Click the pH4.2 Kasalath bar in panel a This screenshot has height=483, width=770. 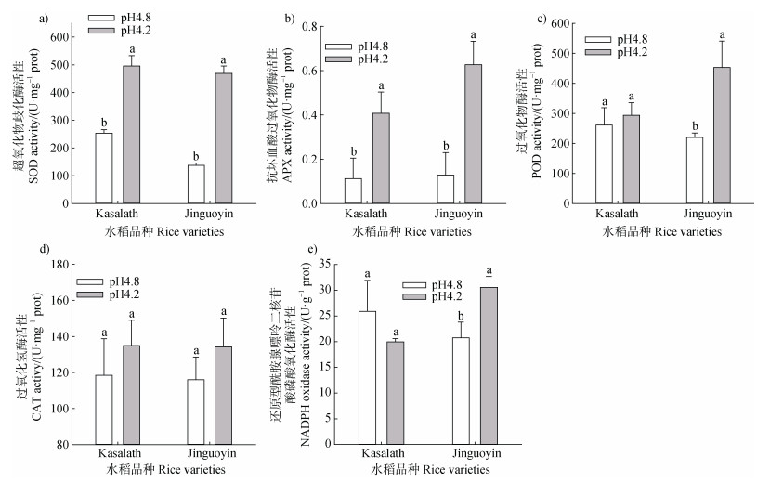pyautogui.click(x=131, y=135)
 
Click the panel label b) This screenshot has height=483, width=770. pyautogui.click(x=289, y=18)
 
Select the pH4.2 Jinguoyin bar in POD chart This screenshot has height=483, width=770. pyautogui.click(x=721, y=135)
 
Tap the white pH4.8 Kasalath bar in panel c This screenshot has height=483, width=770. pyautogui.click(x=604, y=164)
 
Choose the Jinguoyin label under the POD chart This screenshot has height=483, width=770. pyautogui.click(x=708, y=215)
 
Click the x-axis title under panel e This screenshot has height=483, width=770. pyautogui.click(x=430, y=471)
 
